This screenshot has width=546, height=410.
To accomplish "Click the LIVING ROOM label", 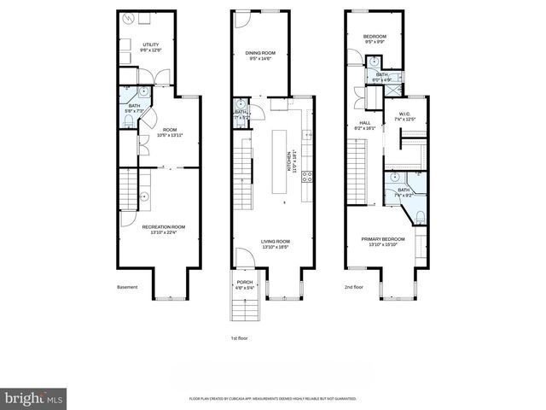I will tap(276, 243).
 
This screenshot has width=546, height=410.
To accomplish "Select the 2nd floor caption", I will tap(354, 287).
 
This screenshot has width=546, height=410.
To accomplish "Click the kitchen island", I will tap(278, 161).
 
